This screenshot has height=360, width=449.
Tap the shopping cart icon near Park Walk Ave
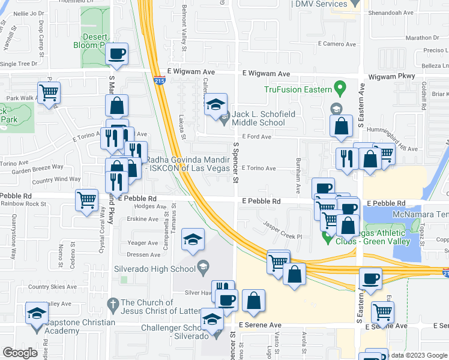[49, 92]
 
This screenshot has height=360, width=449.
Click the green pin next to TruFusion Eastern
[340, 89]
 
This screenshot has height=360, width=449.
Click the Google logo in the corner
[20, 353]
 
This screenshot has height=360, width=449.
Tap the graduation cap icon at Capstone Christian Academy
[37, 313]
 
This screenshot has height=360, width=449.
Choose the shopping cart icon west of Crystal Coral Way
[87, 199]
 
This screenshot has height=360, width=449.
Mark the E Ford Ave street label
[257, 136]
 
